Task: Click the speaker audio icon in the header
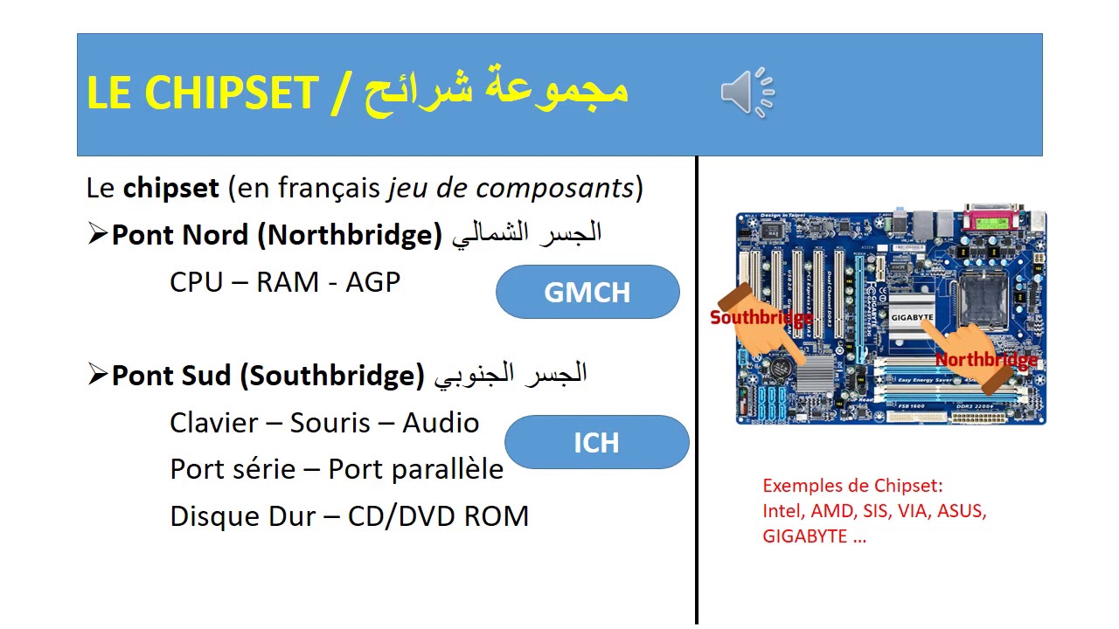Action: (747, 92)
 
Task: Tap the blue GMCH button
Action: (587, 292)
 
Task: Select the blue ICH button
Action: (596, 442)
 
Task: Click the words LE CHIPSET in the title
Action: (202, 93)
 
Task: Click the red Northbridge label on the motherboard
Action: (986, 360)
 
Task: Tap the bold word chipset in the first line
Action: (170, 188)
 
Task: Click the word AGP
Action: (373, 282)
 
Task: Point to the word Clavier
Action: (213, 423)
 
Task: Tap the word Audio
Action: (441, 423)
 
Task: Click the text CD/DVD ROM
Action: (438, 515)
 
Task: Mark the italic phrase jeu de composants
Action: (511, 188)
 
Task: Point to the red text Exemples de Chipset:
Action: (852, 486)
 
